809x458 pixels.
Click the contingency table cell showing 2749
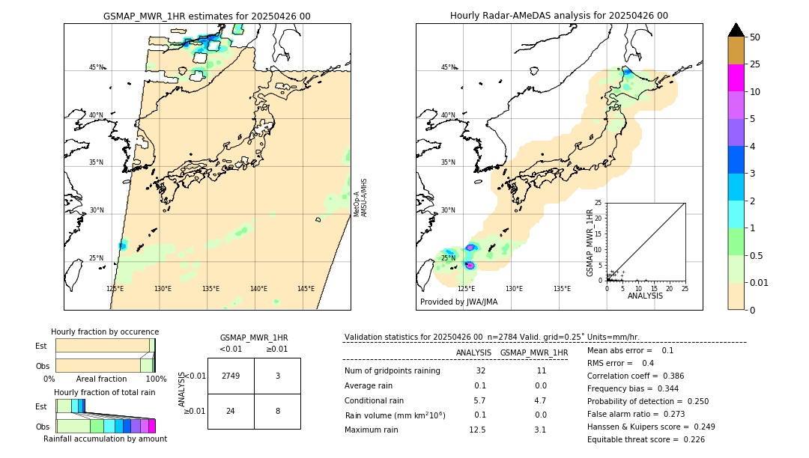click(x=231, y=376)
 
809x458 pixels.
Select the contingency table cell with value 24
click(x=231, y=411)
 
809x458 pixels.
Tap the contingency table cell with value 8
click(x=277, y=411)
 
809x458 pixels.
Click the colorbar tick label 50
click(x=755, y=37)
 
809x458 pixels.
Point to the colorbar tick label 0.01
click(x=760, y=282)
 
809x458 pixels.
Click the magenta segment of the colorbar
click(x=736, y=78)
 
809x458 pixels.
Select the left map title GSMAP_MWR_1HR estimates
click(x=207, y=16)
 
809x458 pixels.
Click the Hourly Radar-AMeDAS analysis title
click(x=559, y=16)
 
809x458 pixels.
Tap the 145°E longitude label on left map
click(x=306, y=289)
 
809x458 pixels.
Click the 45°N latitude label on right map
click(x=448, y=67)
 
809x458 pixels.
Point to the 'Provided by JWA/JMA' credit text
click(x=458, y=302)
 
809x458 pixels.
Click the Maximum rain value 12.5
click(x=477, y=430)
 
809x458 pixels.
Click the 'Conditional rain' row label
click(x=374, y=400)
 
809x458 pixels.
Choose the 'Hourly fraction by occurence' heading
click(x=105, y=332)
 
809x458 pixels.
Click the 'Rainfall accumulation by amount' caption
click(x=105, y=439)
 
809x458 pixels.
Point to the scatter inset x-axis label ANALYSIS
click(x=646, y=296)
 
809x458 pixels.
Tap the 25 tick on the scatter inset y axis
click(x=599, y=203)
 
